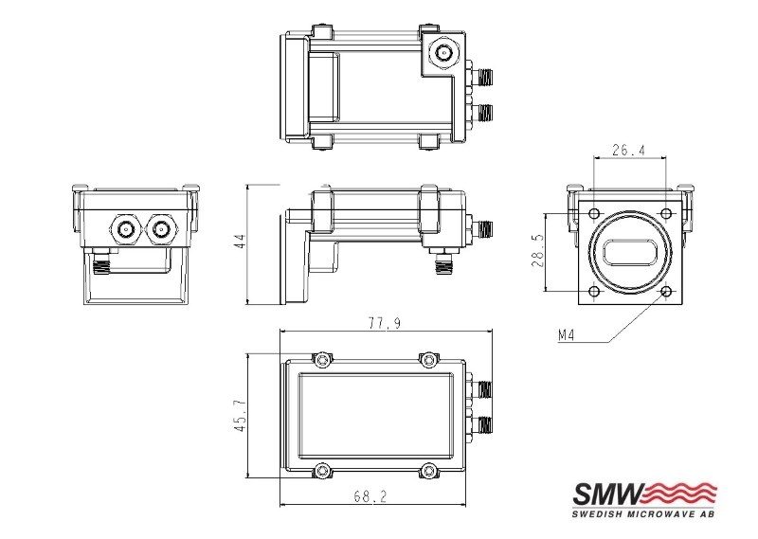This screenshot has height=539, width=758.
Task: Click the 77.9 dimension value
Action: pyautogui.click(x=383, y=324)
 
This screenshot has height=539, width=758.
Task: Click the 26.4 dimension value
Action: pyautogui.click(x=628, y=149)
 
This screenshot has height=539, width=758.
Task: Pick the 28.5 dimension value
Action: pyautogui.click(x=539, y=251)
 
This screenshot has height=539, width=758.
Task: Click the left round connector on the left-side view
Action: pyautogui.click(x=124, y=227)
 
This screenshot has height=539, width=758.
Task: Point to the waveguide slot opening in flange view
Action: pyautogui.click(x=629, y=251)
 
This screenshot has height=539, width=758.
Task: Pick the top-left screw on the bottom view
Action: pyautogui.click(x=324, y=359)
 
